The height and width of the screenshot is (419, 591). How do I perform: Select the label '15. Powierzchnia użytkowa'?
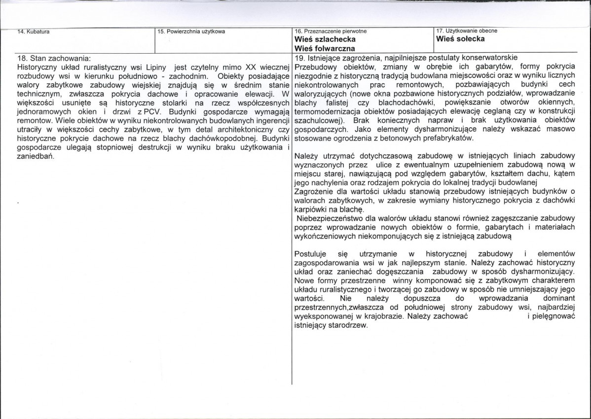pyautogui.click(x=191, y=32)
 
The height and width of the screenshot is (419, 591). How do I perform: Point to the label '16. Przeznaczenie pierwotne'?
pyautogui.click(x=331, y=32)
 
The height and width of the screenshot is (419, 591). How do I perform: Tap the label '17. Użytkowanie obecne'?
pyautogui.click(x=467, y=31)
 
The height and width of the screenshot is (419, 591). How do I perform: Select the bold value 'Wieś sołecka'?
pyautogui.click(x=460, y=38)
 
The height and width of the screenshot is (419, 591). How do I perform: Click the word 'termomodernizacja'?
pyautogui.click(x=325, y=111)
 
